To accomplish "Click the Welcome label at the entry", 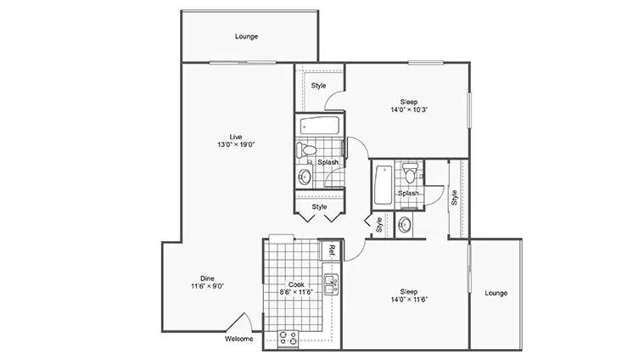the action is (238, 339).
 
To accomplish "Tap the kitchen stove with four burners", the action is (289, 339).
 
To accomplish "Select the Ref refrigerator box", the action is (331, 250).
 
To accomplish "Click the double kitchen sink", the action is (331, 284).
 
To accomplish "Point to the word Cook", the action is (296, 284).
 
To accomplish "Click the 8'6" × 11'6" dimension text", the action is (296, 292).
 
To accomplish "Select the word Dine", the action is (207, 278).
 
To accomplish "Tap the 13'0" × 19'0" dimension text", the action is (236, 144).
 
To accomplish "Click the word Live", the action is (236, 137).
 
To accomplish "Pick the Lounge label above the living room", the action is (247, 37).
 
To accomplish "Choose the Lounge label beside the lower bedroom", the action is (496, 293).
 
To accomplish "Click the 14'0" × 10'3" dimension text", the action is (409, 110).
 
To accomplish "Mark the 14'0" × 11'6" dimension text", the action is (409, 299).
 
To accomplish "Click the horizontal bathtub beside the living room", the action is (320, 125).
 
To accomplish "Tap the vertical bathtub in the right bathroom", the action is (384, 185).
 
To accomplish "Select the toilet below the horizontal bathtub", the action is (306, 149).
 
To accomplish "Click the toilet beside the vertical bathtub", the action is (410, 173).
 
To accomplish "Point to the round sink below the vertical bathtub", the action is (405, 225).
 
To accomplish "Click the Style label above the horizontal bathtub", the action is (319, 86).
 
